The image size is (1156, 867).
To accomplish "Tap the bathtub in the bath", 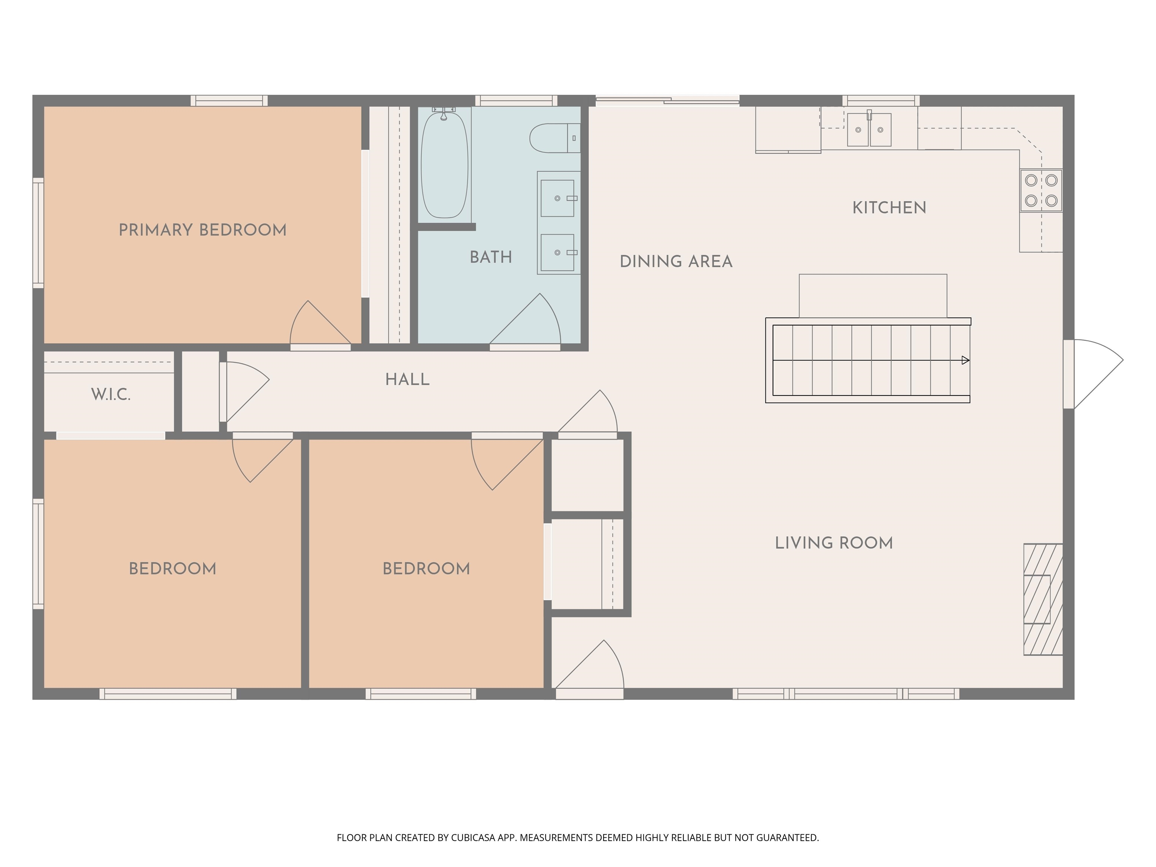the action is click(x=444, y=164).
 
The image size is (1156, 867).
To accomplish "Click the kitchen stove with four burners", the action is click(x=1041, y=190).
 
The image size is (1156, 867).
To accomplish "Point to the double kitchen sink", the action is click(x=869, y=129).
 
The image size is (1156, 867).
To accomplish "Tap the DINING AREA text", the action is click(x=676, y=261).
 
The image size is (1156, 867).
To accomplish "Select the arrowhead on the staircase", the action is click(x=965, y=360).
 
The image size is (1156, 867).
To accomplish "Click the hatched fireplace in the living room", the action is click(x=1043, y=599).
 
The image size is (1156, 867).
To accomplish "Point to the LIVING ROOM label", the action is click(x=834, y=543).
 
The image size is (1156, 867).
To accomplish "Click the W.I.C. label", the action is click(x=111, y=395).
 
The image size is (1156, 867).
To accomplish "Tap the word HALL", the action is click(x=407, y=379).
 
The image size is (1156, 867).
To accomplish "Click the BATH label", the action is click(x=490, y=257).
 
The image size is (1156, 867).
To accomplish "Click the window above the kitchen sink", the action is click(x=881, y=100).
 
